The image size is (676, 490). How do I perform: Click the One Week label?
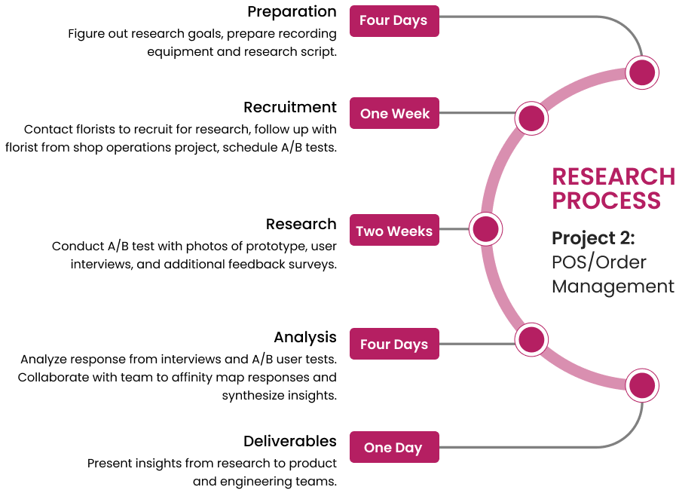394,114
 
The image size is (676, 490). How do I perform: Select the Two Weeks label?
394,231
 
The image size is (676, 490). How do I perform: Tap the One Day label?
393,448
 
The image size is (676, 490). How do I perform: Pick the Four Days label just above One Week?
393,20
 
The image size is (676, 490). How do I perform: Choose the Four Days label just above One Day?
394,345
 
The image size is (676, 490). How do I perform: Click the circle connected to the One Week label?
531,118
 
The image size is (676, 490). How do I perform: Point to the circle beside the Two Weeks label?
485,228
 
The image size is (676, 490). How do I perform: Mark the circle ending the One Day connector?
642,385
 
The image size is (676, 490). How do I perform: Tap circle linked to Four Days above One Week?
642,73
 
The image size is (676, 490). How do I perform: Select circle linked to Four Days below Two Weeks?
531,340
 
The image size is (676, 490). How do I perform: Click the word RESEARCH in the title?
613,176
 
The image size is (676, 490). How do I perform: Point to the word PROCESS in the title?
606,201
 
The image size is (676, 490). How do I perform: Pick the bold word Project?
583,239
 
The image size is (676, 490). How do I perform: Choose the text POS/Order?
599,262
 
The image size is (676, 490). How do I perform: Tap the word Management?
613,286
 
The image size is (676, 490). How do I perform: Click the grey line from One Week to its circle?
478,114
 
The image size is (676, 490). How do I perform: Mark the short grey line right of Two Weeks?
454,229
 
